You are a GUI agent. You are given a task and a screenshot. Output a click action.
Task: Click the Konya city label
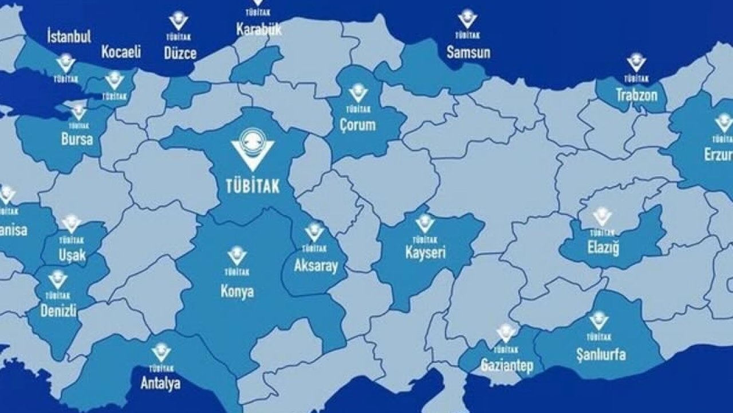pos(237,291)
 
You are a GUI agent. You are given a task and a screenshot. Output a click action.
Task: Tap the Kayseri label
pos(425,252)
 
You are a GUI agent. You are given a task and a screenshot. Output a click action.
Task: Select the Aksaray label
pos(316,266)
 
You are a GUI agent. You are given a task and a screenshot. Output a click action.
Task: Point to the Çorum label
pos(357,124)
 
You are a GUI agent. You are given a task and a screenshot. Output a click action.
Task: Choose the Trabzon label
pos(636,95)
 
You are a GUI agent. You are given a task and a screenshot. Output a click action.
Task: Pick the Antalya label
pos(161,383)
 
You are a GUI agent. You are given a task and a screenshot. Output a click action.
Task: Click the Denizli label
pos(59,311)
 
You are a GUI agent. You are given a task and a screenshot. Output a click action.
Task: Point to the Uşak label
pos(72,255)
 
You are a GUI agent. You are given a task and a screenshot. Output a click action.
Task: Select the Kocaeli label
pos(121,52)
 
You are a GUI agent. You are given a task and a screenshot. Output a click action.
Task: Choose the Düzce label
pos(180,53)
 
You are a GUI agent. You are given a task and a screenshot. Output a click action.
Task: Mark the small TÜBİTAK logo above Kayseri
pos(425,223)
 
